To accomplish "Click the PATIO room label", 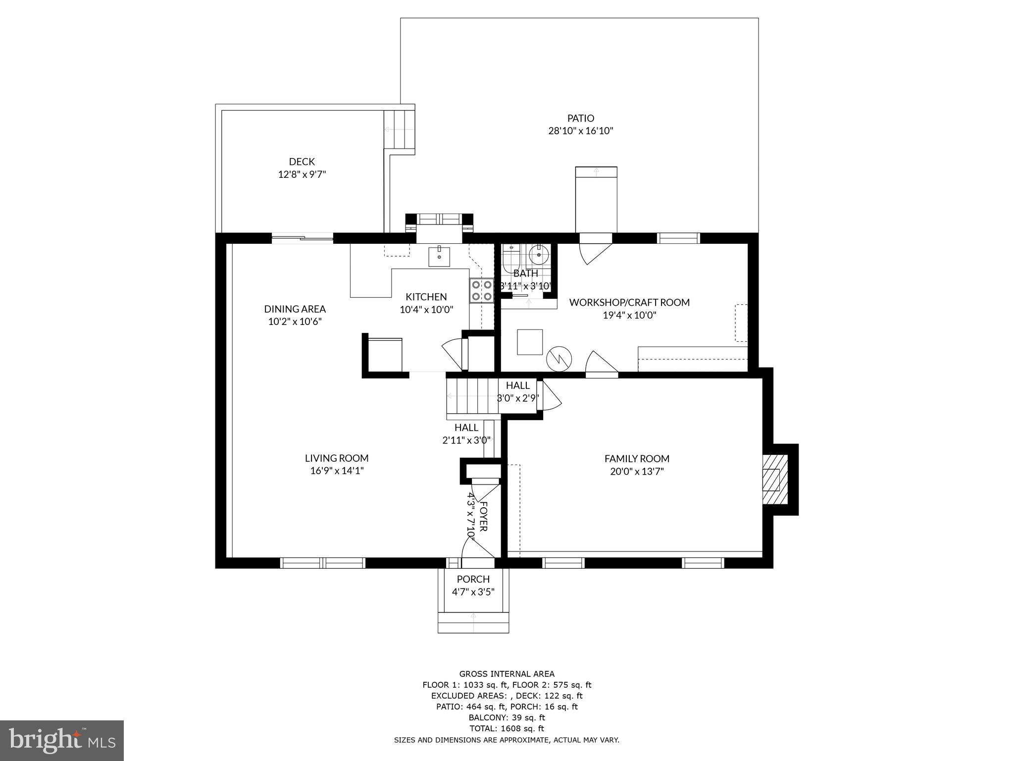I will pos(580,118).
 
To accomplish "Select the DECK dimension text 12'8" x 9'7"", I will pos(302,174).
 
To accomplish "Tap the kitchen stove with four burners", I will pos(481,290).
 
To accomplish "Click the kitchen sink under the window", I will pos(439,256).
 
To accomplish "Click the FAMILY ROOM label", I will pos(637,459).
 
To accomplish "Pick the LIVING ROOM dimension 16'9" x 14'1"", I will pos(337,471).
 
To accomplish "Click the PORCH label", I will pos(473,579).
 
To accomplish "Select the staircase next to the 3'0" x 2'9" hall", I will pos(472,396).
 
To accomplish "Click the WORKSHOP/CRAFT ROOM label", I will pos(629,302).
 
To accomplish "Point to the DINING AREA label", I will pos(295,309).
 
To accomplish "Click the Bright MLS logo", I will pos(62,741).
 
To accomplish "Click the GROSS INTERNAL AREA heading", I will pos(507,674).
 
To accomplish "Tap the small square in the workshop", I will pos(530,342).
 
